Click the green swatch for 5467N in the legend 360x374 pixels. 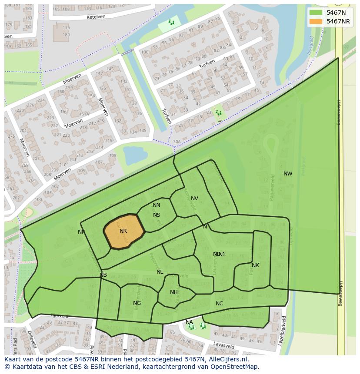click(316, 13)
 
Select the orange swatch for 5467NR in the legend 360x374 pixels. click(316, 21)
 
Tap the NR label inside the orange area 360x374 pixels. click(123, 231)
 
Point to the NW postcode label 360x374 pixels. click(288, 174)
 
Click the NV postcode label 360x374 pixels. click(194, 199)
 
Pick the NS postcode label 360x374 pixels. click(157, 215)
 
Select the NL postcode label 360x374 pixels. click(160, 272)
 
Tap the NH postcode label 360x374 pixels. click(174, 292)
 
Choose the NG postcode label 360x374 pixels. click(137, 303)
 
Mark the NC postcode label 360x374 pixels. click(219, 304)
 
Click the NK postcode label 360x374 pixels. click(255, 265)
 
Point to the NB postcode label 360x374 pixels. click(103, 275)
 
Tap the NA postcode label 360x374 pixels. click(189, 322)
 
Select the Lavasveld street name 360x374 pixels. click(223, 345)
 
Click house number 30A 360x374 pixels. click(177, 142)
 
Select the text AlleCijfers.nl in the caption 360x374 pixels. click(227, 359)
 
